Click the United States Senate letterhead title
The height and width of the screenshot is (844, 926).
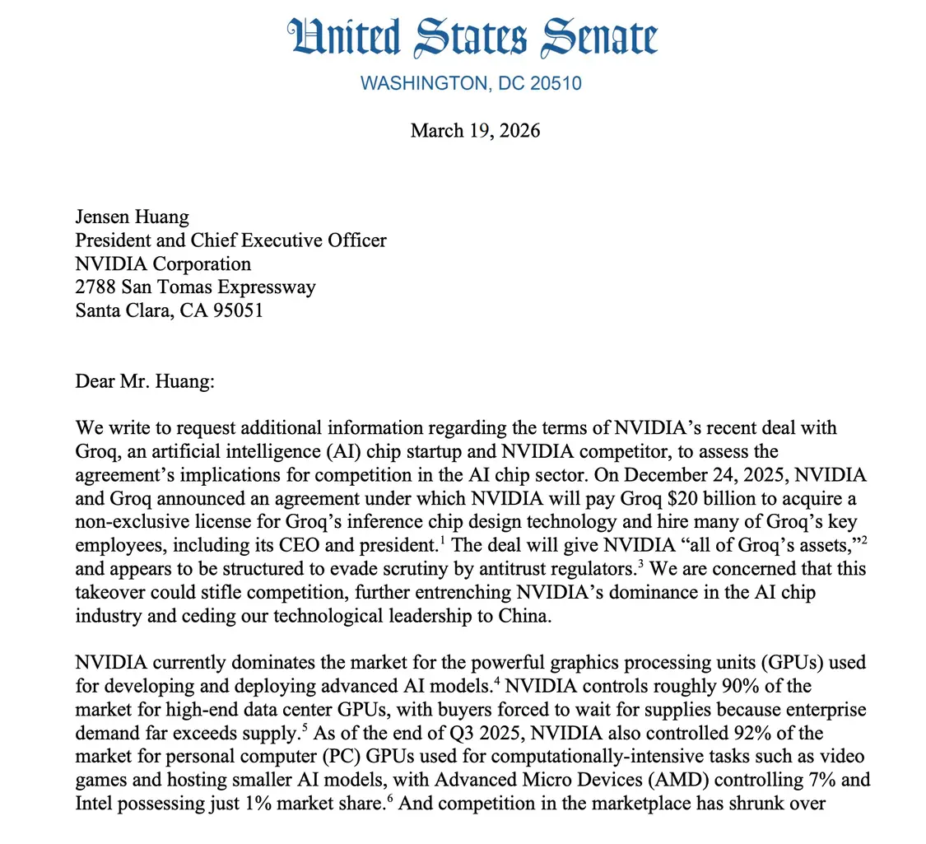tap(472, 39)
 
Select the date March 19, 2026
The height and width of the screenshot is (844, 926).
tap(475, 130)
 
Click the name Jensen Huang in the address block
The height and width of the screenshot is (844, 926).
tap(132, 217)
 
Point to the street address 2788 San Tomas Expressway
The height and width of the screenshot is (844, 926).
tap(195, 287)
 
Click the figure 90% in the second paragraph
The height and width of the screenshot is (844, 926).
tap(580, 686)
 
